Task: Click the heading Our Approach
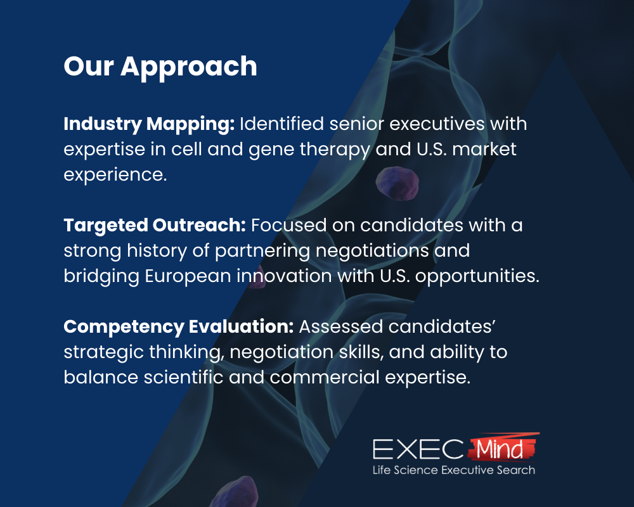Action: (x=160, y=67)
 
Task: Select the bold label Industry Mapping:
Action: (x=149, y=124)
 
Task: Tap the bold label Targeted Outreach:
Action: (x=155, y=226)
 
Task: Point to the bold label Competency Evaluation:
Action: (x=178, y=327)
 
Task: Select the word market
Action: (x=484, y=149)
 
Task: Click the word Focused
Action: (x=288, y=225)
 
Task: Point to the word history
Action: (x=157, y=251)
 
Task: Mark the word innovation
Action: (x=284, y=276)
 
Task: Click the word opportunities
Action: (x=477, y=276)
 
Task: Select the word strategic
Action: (x=103, y=352)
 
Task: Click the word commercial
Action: (x=324, y=378)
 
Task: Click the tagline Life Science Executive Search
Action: (x=454, y=470)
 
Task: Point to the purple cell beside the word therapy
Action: (x=397, y=183)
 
